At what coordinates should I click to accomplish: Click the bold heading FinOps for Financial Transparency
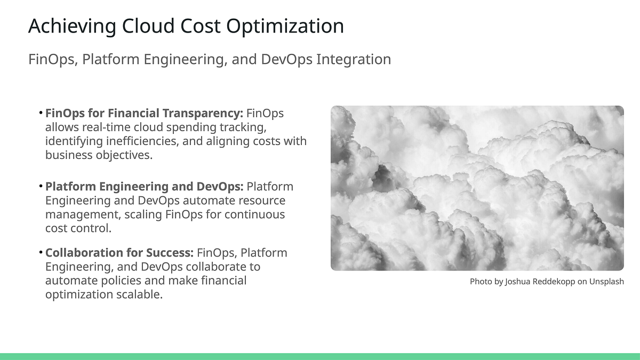(144, 114)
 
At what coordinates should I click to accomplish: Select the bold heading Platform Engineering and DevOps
(144, 187)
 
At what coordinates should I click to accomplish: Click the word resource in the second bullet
(259, 201)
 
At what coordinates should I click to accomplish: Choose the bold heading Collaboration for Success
(119, 253)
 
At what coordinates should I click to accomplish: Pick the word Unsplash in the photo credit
(606, 282)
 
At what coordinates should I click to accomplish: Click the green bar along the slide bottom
(320, 356)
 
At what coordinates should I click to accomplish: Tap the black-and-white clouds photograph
(477, 188)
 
